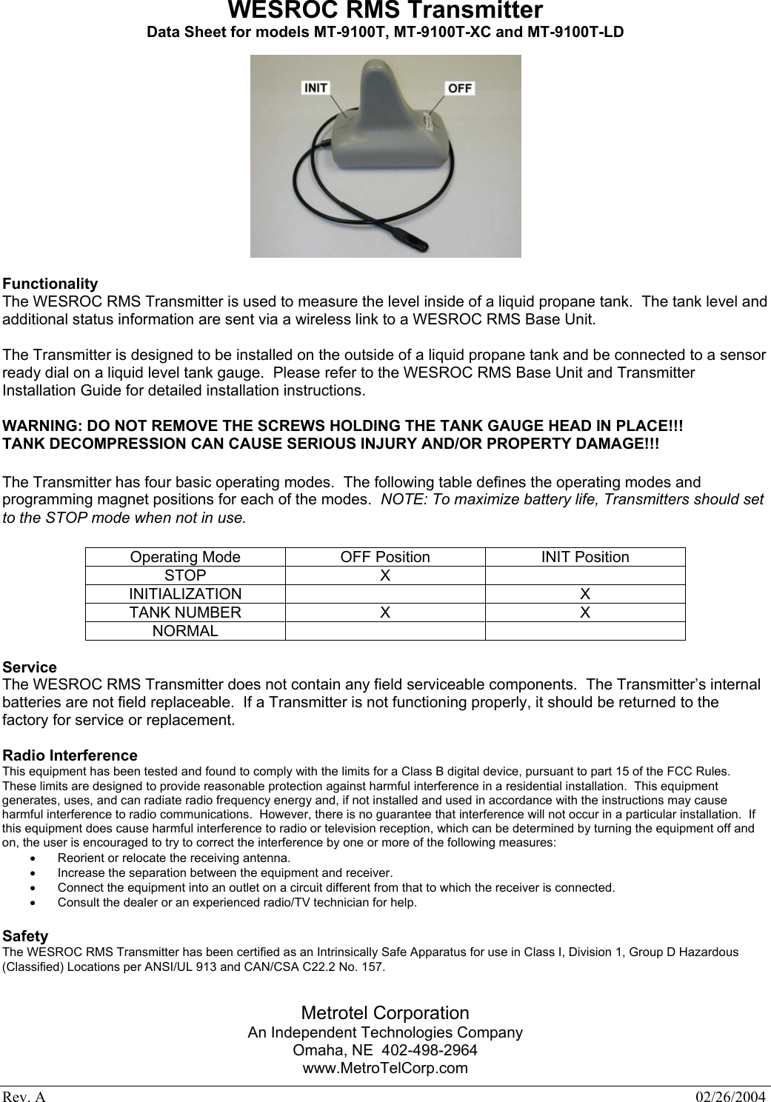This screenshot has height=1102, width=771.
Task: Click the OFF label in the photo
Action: click(459, 87)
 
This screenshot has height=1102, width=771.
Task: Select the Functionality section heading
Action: click(50, 284)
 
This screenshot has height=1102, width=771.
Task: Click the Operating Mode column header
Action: click(185, 557)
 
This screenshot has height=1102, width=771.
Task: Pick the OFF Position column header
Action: click(385, 557)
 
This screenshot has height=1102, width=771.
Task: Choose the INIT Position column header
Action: click(585, 557)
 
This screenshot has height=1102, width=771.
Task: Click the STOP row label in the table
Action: click(185, 575)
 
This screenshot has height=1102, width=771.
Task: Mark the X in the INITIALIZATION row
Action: click(585, 594)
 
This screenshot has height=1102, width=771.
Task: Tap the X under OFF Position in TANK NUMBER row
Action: click(385, 612)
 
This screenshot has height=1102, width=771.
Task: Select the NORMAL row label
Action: click(185, 631)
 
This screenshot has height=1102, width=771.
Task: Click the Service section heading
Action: click(30, 667)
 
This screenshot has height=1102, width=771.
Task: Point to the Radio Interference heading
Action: click(70, 755)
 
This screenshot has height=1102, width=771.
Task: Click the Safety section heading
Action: click(26, 936)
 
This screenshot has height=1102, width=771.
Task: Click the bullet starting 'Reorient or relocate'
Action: click(173, 858)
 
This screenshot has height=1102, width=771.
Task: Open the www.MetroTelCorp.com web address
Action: click(385, 1068)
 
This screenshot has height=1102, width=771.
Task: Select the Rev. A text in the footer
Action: click(24, 1095)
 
